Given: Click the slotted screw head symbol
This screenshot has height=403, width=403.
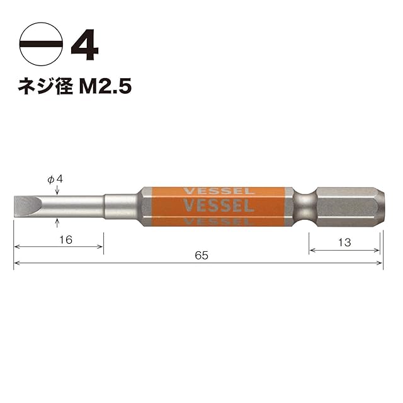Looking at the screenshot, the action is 41,44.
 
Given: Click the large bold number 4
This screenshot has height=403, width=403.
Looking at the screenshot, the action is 84,45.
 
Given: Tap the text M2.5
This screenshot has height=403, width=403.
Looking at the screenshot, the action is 105,86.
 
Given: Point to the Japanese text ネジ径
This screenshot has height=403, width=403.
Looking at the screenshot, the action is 45,86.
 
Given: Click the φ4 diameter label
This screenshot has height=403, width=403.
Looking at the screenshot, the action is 55,179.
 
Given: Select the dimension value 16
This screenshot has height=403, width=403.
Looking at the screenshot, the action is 65,240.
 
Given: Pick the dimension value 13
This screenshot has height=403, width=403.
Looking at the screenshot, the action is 344,242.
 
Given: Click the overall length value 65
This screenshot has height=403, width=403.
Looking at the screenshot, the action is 201,256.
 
